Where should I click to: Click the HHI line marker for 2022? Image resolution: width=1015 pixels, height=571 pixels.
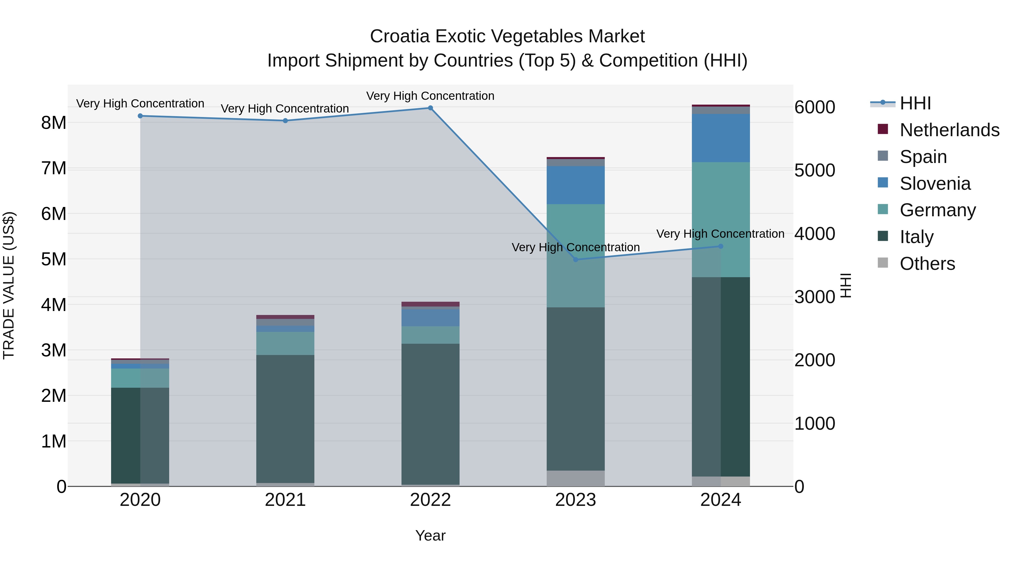[x=430, y=108]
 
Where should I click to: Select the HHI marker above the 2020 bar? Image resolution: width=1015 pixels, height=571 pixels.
[x=140, y=116]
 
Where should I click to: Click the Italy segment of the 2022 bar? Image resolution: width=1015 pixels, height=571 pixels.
[x=430, y=414]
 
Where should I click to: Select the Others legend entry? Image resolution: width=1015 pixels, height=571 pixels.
[x=927, y=264]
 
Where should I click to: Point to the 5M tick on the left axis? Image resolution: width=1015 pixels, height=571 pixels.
[x=54, y=259]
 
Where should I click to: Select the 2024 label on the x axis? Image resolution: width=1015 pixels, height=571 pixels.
[x=721, y=500]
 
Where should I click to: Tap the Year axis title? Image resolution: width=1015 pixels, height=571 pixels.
[x=430, y=535]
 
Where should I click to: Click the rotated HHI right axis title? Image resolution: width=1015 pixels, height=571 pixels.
[x=846, y=285]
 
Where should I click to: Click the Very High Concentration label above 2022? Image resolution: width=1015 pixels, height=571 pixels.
[x=430, y=96]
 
